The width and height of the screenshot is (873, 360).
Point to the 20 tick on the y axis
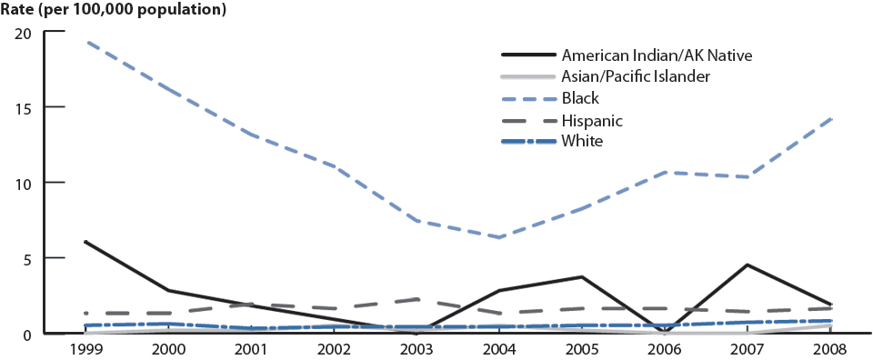tap(24, 33)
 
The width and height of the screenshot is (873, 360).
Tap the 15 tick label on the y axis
tap(24, 107)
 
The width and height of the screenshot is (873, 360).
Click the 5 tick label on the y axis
tap(28, 258)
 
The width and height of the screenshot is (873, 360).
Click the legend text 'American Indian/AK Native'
tap(657, 55)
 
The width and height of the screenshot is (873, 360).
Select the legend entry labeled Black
tap(580, 97)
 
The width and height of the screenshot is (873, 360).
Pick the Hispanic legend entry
tap(592, 119)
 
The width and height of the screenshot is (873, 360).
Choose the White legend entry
tap(582, 140)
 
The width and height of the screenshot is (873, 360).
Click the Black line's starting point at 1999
tap(84, 42)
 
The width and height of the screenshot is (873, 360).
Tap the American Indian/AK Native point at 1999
tap(84, 242)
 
